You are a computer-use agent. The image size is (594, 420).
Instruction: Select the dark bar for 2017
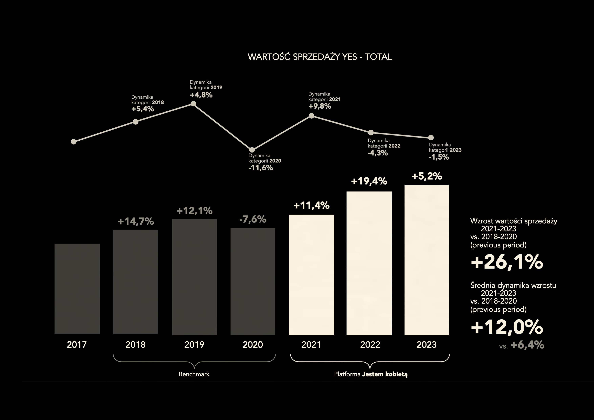click(77, 289)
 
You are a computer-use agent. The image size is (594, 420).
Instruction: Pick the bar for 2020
click(253, 282)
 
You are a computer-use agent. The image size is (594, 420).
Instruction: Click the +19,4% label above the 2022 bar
click(369, 181)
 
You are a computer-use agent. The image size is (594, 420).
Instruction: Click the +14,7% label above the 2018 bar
click(136, 222)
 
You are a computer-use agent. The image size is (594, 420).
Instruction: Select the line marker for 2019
click(193, 104)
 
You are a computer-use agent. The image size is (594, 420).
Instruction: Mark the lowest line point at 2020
click(252, 150)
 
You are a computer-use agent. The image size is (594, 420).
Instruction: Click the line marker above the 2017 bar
click(73, 142)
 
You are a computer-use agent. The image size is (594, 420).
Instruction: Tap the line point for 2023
click(431, 137)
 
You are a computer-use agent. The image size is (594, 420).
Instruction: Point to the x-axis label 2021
click(311, 345)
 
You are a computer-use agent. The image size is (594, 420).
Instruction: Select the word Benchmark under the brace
click(194, 374)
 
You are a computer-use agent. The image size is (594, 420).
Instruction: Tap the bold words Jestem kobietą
click(385, 374)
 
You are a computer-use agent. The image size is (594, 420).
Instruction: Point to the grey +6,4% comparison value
click(527, 345)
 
